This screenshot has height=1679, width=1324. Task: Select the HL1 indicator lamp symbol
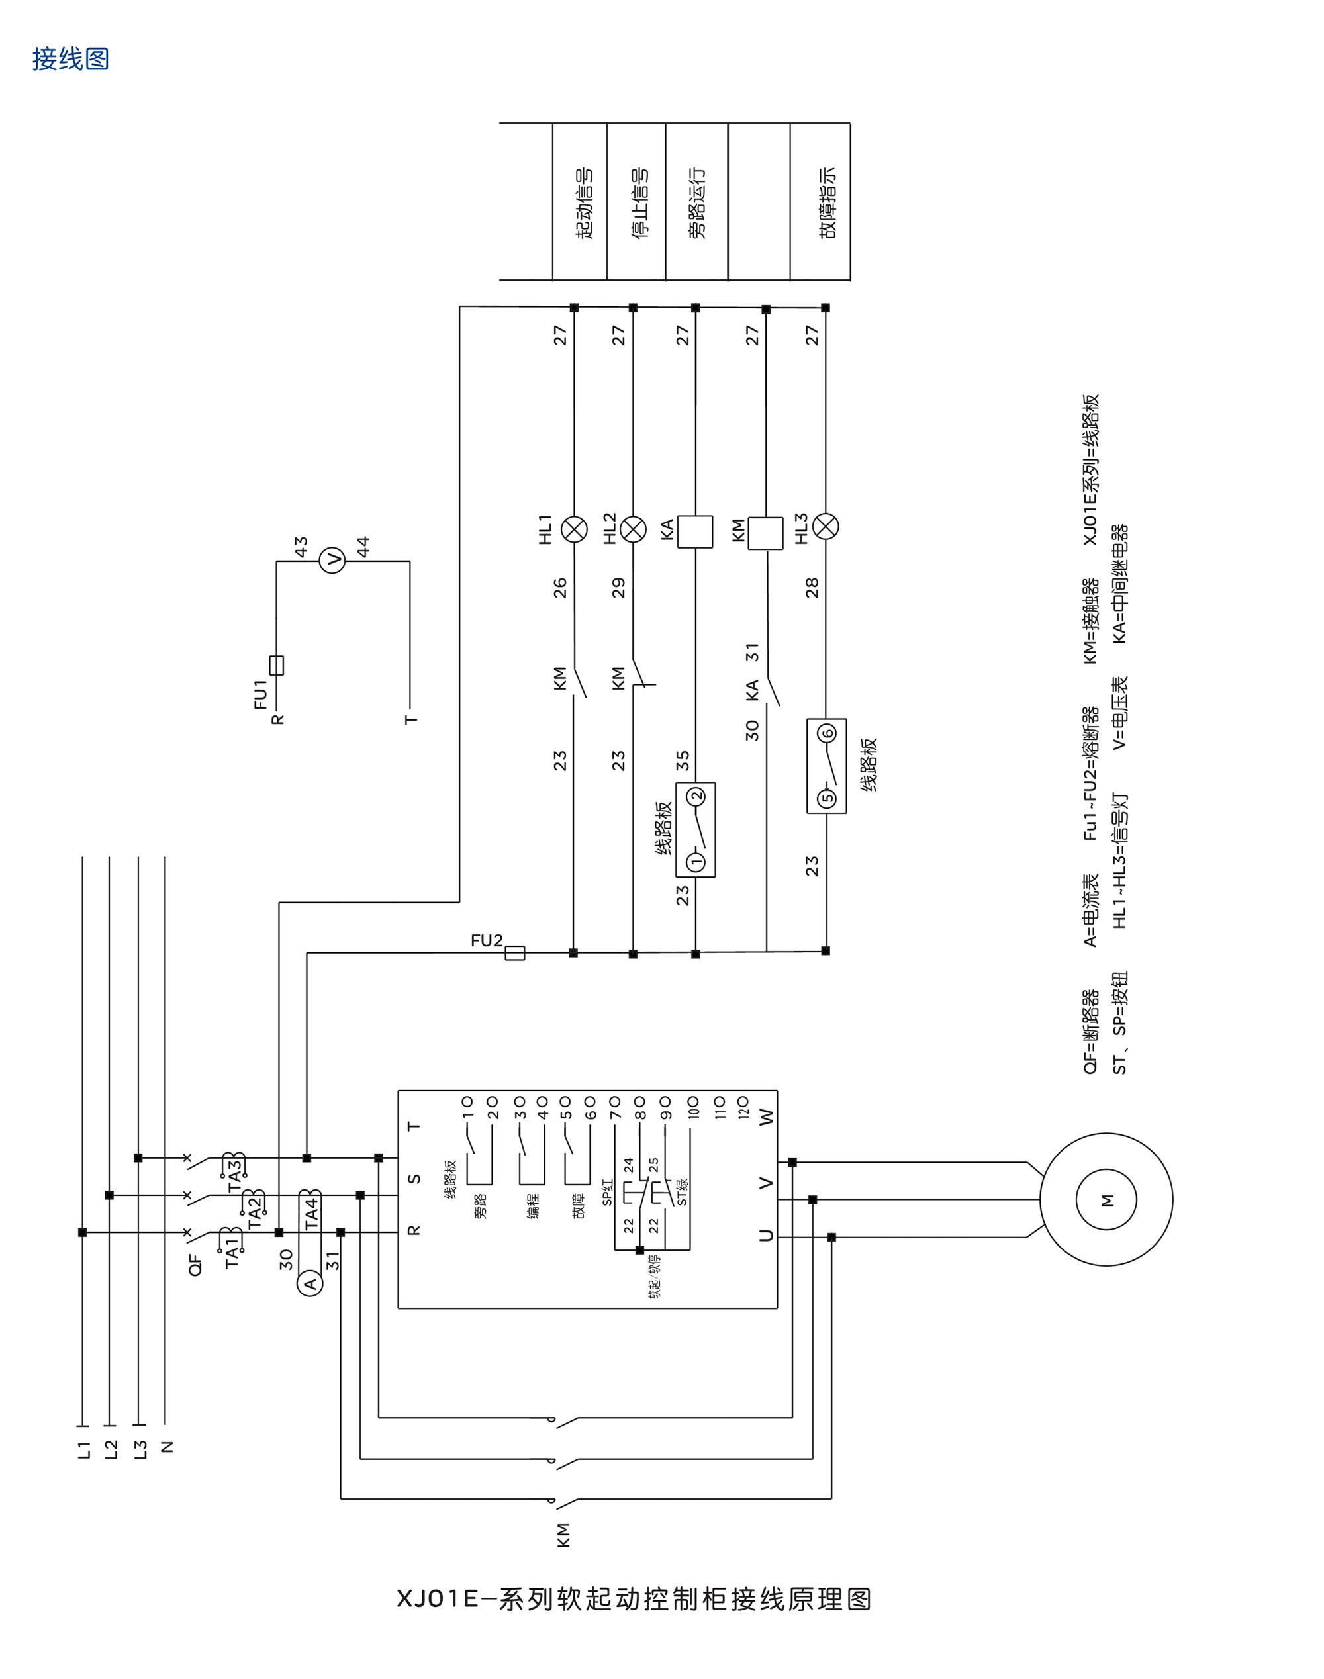point(574,529)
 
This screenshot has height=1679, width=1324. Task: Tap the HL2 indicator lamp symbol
point(634,529)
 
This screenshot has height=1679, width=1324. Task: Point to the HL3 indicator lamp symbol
point(826,526)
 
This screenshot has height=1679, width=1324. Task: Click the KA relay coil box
point(694,531)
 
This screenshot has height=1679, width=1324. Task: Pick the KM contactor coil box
point(765,533)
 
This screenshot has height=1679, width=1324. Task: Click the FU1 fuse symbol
point(277,664)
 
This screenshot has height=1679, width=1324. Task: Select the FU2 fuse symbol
point(515,953)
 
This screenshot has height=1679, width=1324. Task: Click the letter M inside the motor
point(1106,1200)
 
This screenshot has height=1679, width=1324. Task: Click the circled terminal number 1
point(696,862)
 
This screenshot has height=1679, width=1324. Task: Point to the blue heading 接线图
point(71,59)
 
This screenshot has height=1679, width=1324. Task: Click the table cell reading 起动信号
point(584,203)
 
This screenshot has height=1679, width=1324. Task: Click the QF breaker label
point(195,1265)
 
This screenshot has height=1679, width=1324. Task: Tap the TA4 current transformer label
point(312,1213)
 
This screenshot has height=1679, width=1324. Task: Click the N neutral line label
point(167,1447)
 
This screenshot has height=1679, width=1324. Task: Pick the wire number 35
point(682,760)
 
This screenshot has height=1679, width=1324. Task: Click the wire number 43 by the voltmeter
point(301,545)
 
